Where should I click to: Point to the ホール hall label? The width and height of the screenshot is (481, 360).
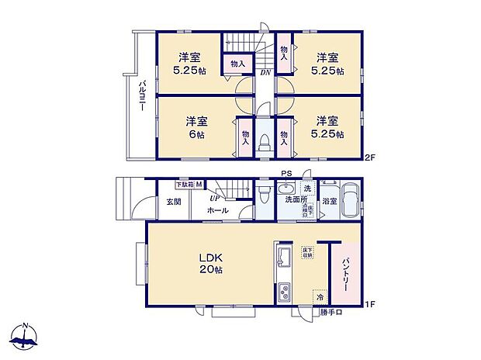pos(217,209)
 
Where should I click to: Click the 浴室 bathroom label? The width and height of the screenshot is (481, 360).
pos(329,200)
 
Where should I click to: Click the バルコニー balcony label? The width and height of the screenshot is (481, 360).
pos(144,98)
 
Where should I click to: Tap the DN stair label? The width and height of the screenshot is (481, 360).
pos(265,73)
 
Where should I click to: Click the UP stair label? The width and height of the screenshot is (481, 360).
pos(213,196)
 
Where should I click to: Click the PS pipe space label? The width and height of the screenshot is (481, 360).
pos(285,174)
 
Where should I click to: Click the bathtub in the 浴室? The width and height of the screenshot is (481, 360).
pos(348,200)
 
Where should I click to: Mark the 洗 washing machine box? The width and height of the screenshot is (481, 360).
pos(307,189)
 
